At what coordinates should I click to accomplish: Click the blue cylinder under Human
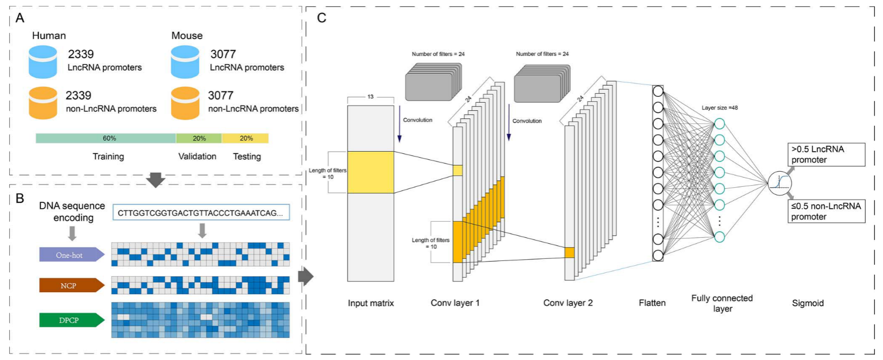43,61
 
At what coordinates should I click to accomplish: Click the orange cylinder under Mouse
185,103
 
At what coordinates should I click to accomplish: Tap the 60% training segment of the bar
106,138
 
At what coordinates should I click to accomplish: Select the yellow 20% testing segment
245,138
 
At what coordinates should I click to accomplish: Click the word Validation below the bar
197,157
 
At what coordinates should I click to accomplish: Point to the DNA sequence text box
201,213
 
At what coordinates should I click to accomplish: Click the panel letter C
321,18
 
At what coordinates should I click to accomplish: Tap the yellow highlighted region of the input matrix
370,172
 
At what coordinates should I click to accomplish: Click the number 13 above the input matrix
370,97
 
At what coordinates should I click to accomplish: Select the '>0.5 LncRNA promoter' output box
826,154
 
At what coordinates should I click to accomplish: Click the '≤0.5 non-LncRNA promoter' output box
826,211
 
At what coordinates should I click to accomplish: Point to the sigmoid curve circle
780,183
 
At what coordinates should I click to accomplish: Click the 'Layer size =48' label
719,108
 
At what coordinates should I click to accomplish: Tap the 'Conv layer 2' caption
568,303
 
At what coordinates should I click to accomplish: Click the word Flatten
652,303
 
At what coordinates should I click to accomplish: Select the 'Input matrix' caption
370,303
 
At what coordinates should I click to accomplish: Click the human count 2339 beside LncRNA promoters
81,54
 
